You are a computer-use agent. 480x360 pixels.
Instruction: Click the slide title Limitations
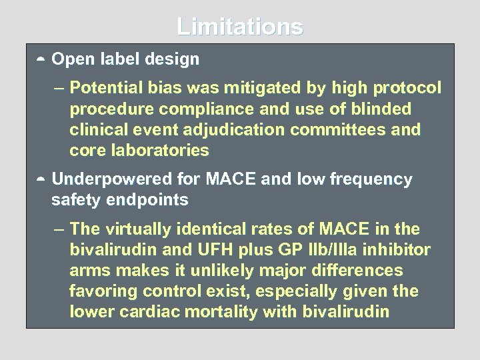point(240,27)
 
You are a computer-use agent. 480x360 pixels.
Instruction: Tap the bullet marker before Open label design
point(40,60)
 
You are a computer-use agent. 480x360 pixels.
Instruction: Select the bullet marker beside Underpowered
point(40,180)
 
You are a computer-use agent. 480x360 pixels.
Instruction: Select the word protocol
point(407,88)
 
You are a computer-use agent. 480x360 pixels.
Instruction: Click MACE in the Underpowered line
point(231,179)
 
